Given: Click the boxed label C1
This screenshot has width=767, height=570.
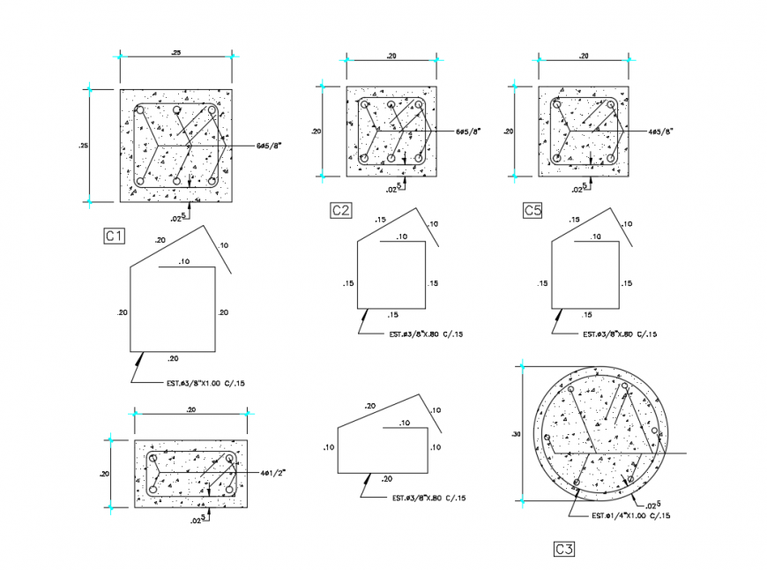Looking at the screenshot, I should click(x=115, y=236).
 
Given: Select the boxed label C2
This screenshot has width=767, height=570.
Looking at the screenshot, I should click(x=341, y=210).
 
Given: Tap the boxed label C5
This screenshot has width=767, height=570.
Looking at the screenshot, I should click(x=532, y=210).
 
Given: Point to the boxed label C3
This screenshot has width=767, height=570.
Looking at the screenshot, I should click(x=564, y=550).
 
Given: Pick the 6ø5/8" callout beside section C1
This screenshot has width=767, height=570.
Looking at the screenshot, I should click(x=270, y=143).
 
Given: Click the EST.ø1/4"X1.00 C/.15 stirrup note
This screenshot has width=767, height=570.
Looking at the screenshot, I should click(x=629, y=515).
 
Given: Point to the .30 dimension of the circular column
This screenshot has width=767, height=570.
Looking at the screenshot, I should click(x=516, y=434).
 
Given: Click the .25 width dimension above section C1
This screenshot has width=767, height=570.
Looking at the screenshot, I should click(x=176, y=55).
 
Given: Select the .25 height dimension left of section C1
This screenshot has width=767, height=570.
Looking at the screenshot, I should click(x=83, y=146).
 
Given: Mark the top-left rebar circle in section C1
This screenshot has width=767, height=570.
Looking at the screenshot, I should click(x=138, y=111).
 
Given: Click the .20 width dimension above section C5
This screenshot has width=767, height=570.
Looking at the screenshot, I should click(x=583, y=56).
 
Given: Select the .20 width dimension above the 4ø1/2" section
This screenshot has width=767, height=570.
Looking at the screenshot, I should click(x=190, y=410).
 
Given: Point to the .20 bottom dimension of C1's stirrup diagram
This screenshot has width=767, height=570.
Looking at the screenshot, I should click(x=173, y=358).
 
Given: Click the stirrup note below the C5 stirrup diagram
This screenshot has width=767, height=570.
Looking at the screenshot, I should click(x=620, y=334).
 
